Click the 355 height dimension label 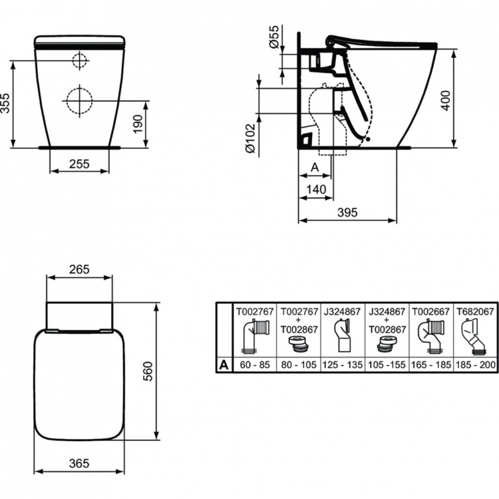(5, 104)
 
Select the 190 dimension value (137, 123)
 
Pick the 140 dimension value (316, 190)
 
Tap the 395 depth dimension (347, 212)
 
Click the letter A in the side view (315, 168)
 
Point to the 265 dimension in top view (80, 270)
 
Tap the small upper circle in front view (80, 60)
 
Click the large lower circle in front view (80, 100)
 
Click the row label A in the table (224, 365)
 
